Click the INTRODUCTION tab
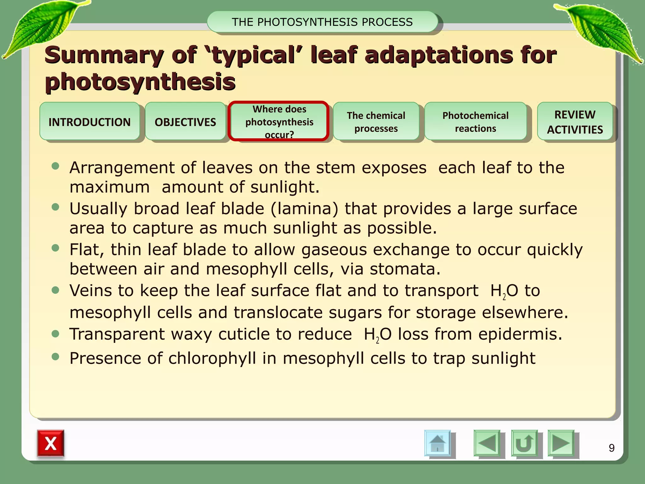point(89,122)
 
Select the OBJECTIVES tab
point(185,122)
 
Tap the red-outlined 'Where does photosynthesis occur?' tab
point(279,122)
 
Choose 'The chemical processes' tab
point(376,122)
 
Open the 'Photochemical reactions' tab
point(475,122)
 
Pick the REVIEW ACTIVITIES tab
point(575,122)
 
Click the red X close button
point(51,443)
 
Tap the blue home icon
point(437,443)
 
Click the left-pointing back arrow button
point(487,443)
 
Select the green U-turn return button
point(524,443)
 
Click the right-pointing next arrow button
point(561,443)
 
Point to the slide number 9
point(612,448)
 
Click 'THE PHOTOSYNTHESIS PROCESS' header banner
point(322,22)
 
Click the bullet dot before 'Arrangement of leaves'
point(55,166)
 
